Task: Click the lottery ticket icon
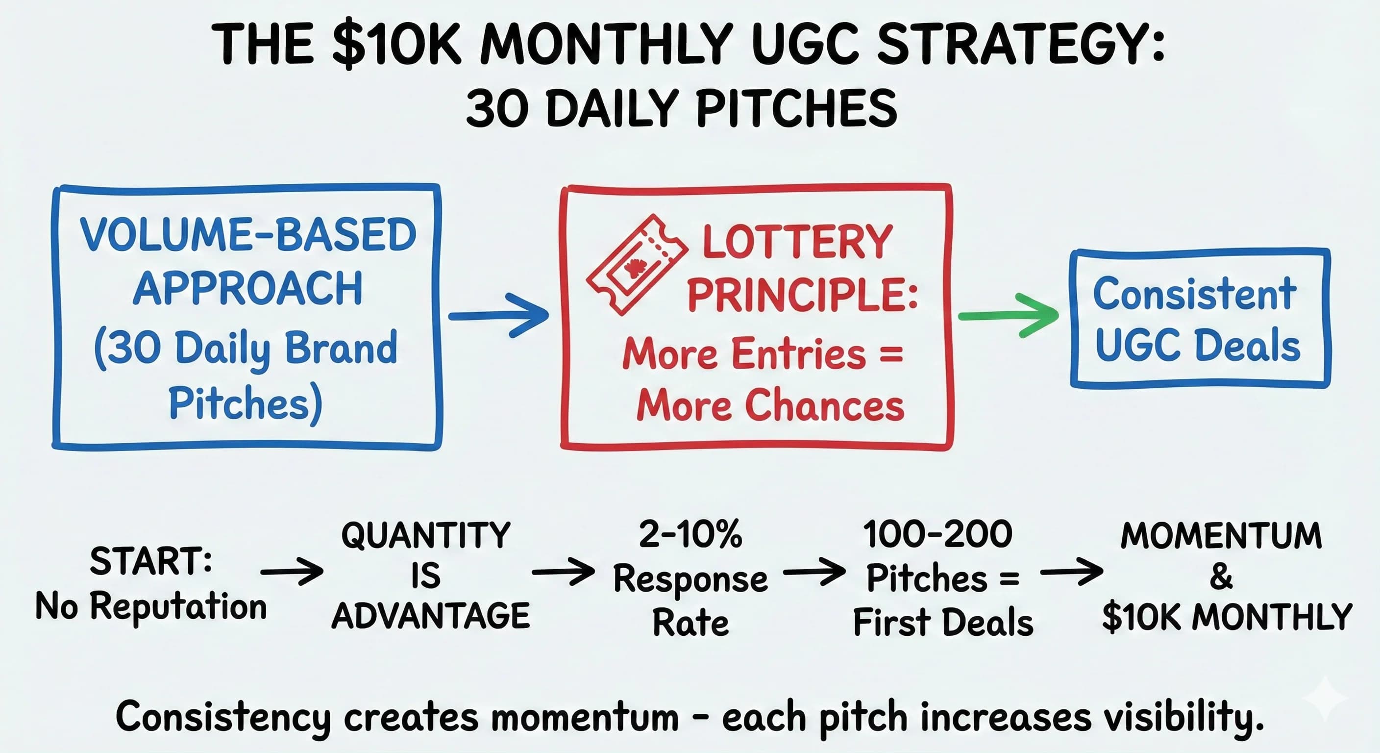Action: pos(636,265)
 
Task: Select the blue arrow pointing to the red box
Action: pos(498,315)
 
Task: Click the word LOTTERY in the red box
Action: pos(797,242)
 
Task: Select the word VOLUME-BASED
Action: pos(247,235)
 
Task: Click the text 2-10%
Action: pos(690,534)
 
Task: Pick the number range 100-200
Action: pos(937,534)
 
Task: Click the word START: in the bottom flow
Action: pos(151,562)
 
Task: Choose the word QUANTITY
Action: pos(426,535)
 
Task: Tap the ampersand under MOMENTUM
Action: pos(1221,577)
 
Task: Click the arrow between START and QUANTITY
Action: pos(292,572)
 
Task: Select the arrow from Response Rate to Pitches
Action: pos(814,572)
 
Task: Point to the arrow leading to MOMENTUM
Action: pos(1071,572)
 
